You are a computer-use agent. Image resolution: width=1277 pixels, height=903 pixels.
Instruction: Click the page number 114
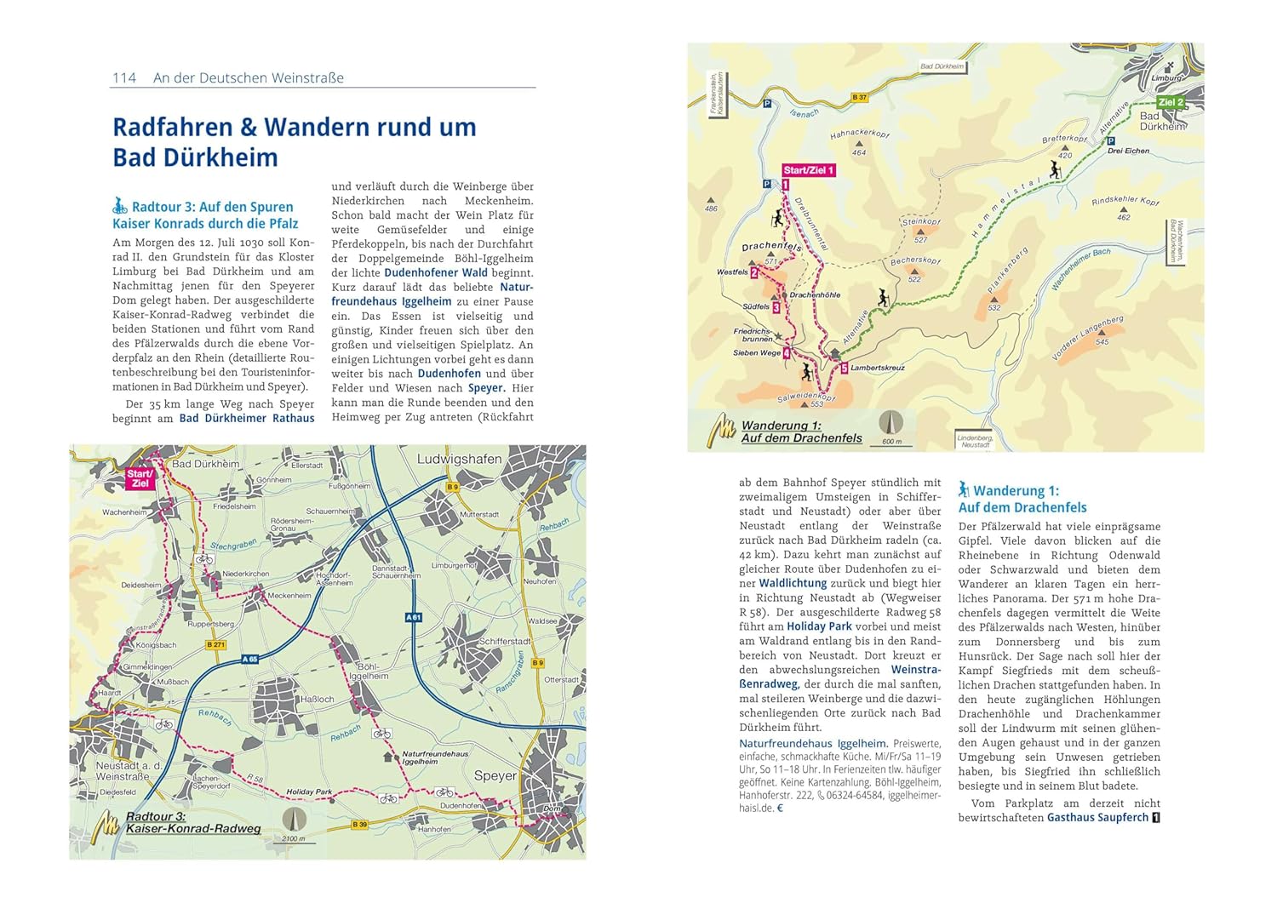point(124,78)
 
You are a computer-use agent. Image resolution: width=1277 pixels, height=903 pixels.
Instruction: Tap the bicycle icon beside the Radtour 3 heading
point(120,206)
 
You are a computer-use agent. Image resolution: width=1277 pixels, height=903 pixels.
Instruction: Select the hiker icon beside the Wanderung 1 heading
point(964,489)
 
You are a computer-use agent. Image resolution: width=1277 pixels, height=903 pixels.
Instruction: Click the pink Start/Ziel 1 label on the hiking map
point(809,170)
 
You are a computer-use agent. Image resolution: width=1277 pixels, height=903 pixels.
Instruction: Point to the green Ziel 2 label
point(1171,102)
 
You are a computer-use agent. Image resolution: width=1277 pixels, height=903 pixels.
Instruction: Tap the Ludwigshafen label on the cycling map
point(459,460)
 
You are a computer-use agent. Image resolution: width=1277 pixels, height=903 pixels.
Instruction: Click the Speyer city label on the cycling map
point(495,775)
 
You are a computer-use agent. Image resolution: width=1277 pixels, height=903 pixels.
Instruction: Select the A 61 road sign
point(414,617)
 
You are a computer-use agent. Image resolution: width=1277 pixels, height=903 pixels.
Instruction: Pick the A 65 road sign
point(250,659)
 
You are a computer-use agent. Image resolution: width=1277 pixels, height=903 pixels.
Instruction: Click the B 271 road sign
point(216,645)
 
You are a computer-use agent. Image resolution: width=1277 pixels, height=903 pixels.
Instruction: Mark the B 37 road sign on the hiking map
point(860,98)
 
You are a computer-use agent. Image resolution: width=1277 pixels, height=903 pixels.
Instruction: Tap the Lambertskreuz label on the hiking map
point(878,369)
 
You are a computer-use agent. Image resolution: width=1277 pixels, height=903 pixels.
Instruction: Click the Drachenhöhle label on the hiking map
point(815,295)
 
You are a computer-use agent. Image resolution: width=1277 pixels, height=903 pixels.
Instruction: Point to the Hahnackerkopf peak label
point(859,134)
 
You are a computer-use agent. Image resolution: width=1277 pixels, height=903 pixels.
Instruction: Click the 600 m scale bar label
point(891,442)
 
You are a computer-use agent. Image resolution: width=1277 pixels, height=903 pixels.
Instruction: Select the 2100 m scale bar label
point(294,838)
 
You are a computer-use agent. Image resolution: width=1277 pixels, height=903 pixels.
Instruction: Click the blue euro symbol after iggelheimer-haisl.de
point(780,808)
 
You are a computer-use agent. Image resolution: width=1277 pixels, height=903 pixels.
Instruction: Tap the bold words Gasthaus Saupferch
point(1097,817)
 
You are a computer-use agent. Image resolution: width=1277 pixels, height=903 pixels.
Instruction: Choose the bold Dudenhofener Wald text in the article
point(435,273)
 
